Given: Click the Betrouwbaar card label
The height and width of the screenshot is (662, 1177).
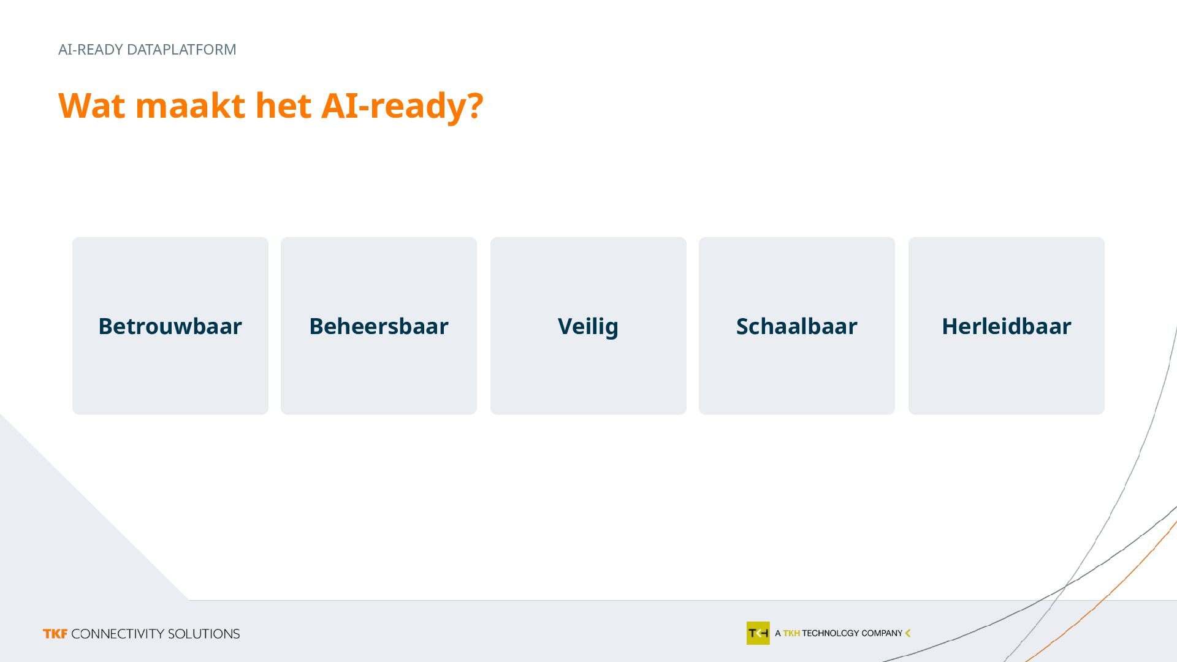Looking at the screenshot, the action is (x=170, y=326).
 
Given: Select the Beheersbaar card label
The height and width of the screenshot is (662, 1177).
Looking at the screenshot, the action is (x=379, y=326).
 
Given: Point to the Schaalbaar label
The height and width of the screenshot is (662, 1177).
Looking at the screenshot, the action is (x=796, y=326).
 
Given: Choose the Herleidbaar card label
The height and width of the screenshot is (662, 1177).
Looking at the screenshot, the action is (x=1007, y=326).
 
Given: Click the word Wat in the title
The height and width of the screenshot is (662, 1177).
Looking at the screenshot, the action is (x=92, y=105).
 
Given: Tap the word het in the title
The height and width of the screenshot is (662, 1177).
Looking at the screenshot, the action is (x=283, y=105).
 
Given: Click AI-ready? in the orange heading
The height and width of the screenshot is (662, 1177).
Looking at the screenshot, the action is (x=402, y=107).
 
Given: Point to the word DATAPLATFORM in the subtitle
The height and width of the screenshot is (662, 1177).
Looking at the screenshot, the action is (x=181, y=50).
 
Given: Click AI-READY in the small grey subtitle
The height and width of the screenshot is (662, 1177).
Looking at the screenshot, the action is (x=91, y=50).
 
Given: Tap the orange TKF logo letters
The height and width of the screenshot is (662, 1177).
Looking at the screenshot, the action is (x=55, y=634).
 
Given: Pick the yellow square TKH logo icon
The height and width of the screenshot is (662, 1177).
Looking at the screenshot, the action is (x=758, y=633).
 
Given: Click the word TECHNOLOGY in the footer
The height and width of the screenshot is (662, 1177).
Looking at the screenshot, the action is (x=831, y=633).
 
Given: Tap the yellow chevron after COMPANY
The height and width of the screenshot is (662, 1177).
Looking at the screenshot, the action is (x=908, y=633).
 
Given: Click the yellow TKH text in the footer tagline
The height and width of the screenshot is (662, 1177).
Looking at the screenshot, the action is (x=791, y=633).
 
